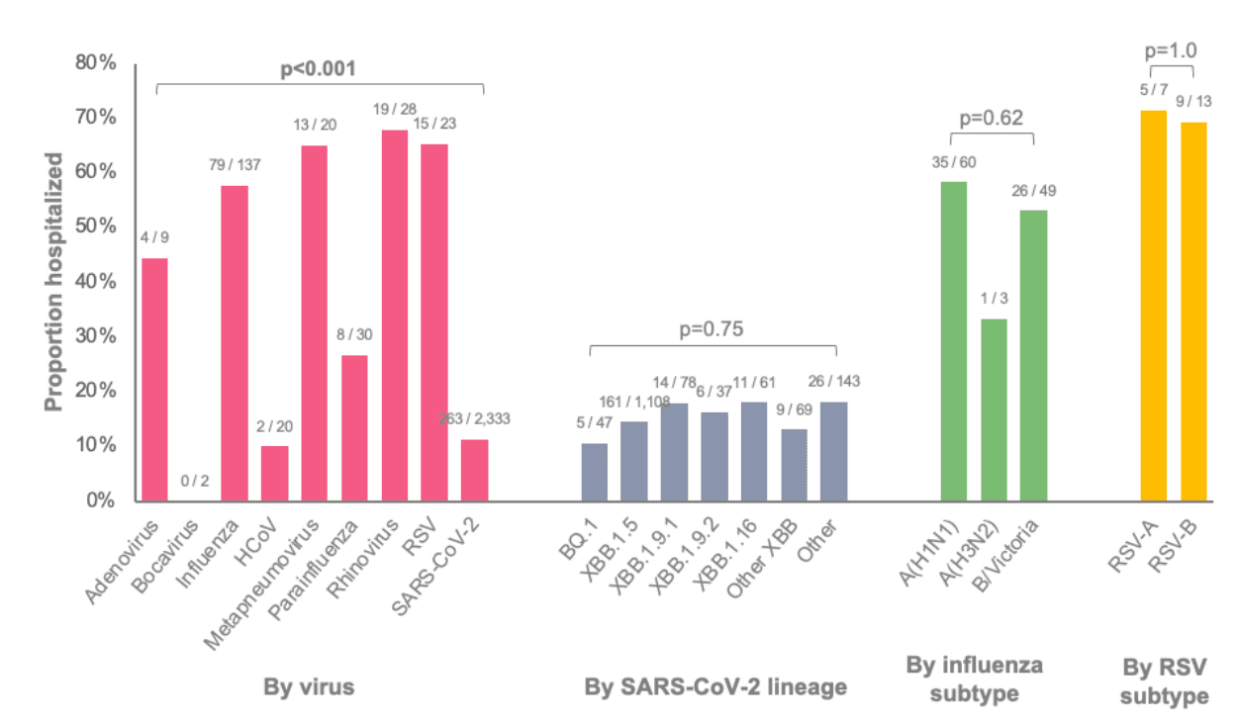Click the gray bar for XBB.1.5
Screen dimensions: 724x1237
coord(633,461)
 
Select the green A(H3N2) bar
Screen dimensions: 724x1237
coord(994,409)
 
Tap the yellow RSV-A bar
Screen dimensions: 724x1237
coord(1154,306)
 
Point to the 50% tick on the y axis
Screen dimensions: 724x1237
coord(96,226)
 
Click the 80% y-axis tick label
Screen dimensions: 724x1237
coord(96,63)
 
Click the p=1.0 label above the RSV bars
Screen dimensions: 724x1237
coord(1171,49)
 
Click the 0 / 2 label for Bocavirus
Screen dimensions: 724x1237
coord(195,482)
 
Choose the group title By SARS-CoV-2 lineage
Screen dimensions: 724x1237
coord(715,686)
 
